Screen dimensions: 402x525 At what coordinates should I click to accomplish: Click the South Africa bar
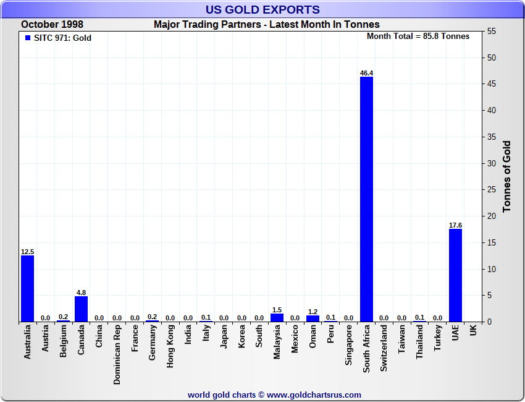pos(366,199)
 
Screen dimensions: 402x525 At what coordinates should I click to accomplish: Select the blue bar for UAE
pos(455,275)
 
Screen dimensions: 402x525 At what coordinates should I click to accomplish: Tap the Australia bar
pos(27,288)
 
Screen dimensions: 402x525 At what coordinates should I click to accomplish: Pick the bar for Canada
pos(81,309)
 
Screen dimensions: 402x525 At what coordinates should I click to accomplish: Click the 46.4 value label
pos(366,73)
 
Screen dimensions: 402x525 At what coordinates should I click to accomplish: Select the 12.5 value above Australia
pos(27,252)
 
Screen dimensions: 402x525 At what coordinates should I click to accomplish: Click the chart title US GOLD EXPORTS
pos(262,9)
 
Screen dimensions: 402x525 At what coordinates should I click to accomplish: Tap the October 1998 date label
pos(52,24)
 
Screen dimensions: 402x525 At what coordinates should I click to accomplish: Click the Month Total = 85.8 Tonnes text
pos(418,36)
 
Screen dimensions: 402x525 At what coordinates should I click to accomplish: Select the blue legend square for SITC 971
pos(27,38)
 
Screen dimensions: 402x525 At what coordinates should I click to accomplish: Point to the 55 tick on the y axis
pos(492,32)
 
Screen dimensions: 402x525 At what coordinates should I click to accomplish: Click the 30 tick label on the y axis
pos(492,163)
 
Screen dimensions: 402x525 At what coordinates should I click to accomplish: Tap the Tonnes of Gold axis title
pos(507,177)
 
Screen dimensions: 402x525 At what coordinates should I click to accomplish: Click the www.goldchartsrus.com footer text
pos(314,395)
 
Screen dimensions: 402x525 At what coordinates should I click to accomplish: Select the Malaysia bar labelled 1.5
pos(277,317)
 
